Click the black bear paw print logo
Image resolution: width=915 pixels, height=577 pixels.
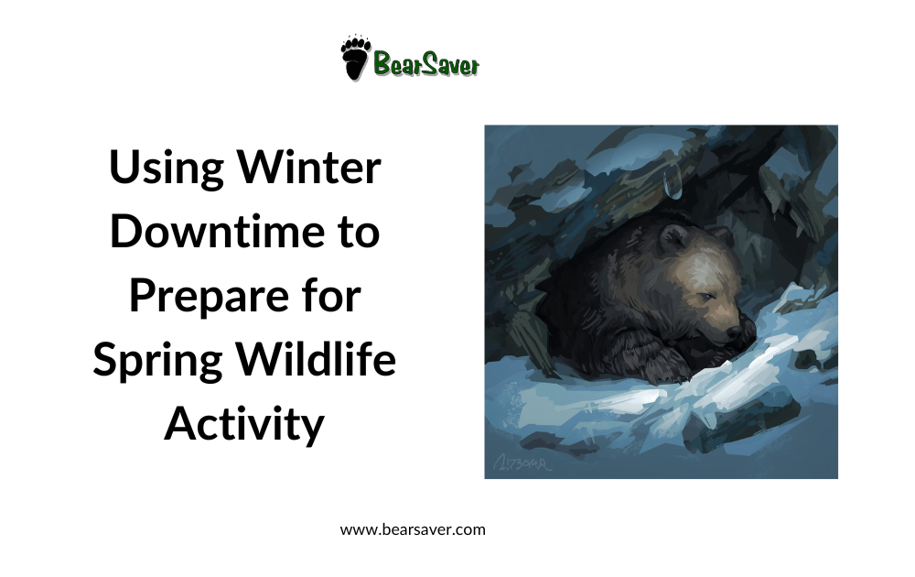tap(355, 59)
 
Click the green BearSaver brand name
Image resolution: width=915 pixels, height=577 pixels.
tap(425, 64)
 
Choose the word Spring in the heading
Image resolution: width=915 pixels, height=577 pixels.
tap(155, 361)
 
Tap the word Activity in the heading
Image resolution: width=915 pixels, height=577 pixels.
tap(244, 423)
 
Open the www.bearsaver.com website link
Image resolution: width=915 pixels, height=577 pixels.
tap(413, 529)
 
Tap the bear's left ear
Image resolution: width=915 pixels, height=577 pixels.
tap(675, 240)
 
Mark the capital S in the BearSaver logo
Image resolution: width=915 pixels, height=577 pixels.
tap(429, 64)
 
